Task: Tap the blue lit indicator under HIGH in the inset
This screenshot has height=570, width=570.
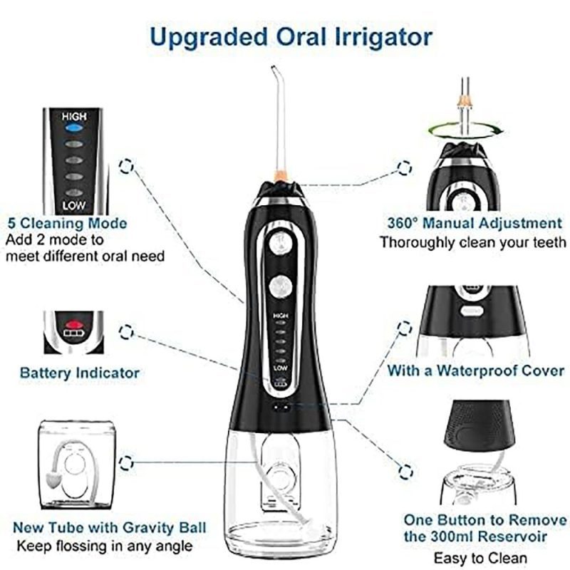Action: (74, 128)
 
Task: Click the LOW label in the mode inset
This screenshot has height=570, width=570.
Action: (74, 206)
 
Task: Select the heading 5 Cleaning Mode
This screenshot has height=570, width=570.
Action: (68, 223)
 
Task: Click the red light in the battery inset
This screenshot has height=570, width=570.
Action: (74, 323)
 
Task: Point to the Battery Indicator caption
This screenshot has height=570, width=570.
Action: (80, 373)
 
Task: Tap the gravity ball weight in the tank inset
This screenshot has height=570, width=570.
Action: (53, 480)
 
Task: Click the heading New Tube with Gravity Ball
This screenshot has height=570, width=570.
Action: (110, 527)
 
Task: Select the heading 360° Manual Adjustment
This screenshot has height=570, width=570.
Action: (475, 223)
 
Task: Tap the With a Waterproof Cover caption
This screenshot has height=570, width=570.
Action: (475, 370)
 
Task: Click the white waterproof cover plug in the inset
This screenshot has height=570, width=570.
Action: (472, 311)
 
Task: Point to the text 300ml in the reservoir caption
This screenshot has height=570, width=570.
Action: (452, 537)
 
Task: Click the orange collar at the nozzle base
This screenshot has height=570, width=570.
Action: (281, 176)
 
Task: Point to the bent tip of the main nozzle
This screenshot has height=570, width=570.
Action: (274, 68)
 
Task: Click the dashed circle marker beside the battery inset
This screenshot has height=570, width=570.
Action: (126, 332)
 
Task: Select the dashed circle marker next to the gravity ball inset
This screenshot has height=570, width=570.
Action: (126, 462)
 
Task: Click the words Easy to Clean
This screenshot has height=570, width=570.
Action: (480, 558)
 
